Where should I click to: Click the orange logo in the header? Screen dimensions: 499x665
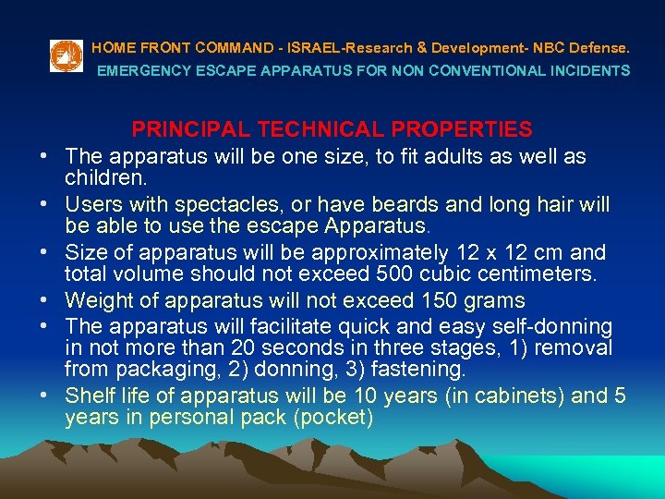pos(66,56)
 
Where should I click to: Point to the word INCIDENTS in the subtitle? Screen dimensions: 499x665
pos(592,70)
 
